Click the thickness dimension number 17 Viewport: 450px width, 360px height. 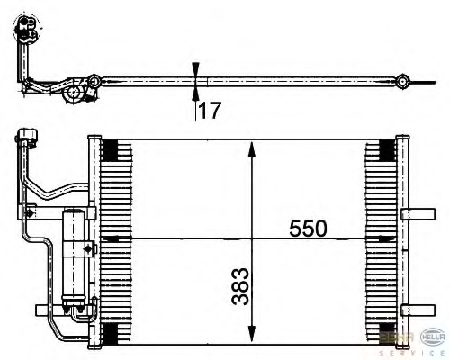[x=210, y=111]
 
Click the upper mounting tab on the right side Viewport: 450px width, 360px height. [x=418, y=213]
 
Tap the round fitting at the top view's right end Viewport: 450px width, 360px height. [x=406, y=83]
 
